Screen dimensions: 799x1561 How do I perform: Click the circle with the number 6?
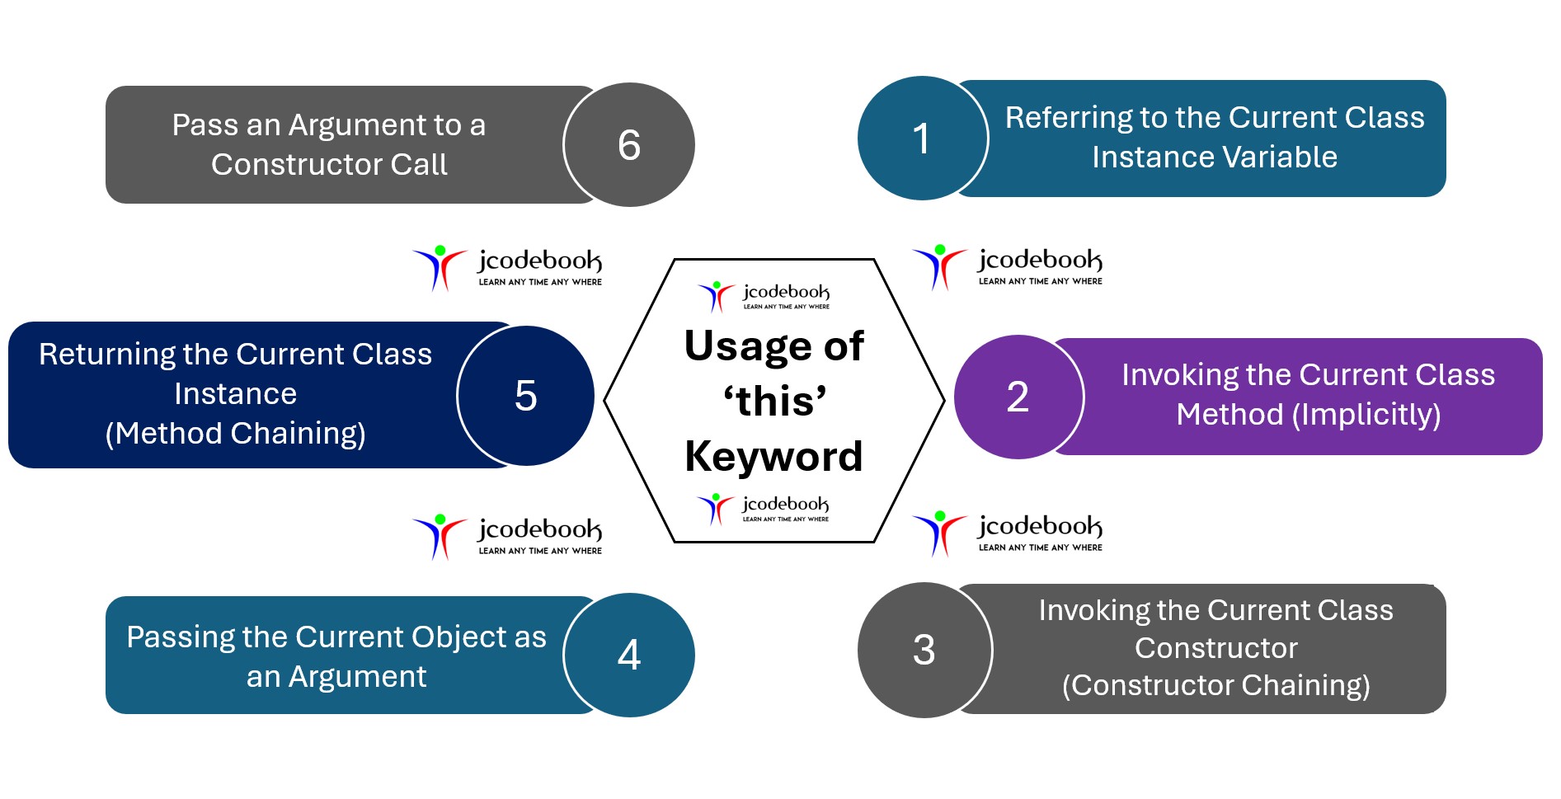point(628,145)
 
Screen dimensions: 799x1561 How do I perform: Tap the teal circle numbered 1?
point(922,139)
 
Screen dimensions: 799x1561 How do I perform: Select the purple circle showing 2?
point(1018,397)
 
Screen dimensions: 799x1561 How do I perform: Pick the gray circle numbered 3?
point(924,650)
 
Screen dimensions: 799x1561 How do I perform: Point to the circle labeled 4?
point(628,655)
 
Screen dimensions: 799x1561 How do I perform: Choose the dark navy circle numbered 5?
point(525,396)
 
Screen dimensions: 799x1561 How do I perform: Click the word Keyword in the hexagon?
point(773,456)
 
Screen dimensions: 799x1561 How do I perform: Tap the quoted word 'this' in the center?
point(774,402)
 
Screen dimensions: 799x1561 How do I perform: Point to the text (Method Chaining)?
point(235,433)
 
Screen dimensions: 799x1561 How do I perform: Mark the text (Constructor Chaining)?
point(1215,685)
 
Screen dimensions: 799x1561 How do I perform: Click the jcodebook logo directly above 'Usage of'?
point(764,295)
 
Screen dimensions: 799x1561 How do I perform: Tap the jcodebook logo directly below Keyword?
point(763,508)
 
